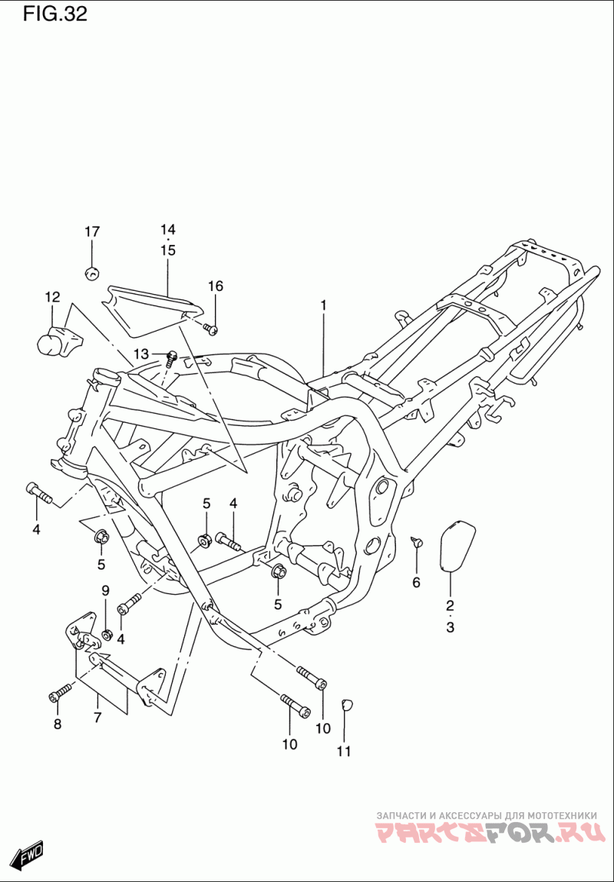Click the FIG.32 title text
[55, 15]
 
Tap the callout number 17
[92, 231]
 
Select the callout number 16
[216, 286]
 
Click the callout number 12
[52, 297]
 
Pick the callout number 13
[141, 354]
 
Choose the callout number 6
[416, 583]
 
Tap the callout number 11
[344, 751]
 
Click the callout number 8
[57, 725]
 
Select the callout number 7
[97, 717]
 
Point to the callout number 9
[106, 590]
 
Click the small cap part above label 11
[347, 704]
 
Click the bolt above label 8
[61, 692]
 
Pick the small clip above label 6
[418, 541]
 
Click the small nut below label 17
[91, 273]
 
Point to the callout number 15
[167, 250]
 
